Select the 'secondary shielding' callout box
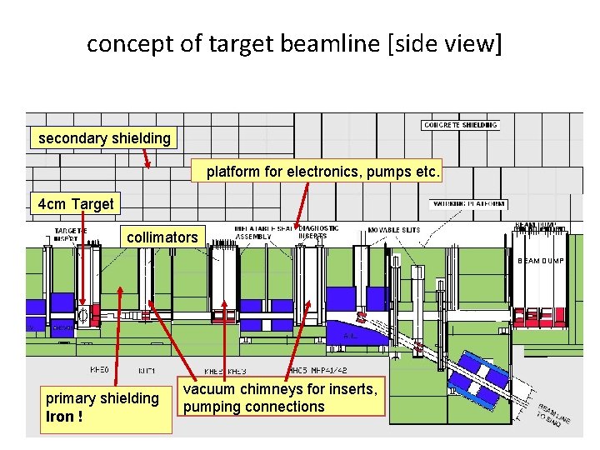coord(104,138)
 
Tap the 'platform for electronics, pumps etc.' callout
coord(323,172)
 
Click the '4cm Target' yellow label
coord(76,204)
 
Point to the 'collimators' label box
coord(162,237)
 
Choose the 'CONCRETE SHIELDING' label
coord(461,125)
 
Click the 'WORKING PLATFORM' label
coord(468,203)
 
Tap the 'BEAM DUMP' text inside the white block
coord(540,261)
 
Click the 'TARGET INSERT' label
coord(71,234)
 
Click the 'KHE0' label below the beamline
coord(99,369)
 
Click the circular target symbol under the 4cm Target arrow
coord(82,315)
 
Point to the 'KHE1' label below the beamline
coord(145,369)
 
